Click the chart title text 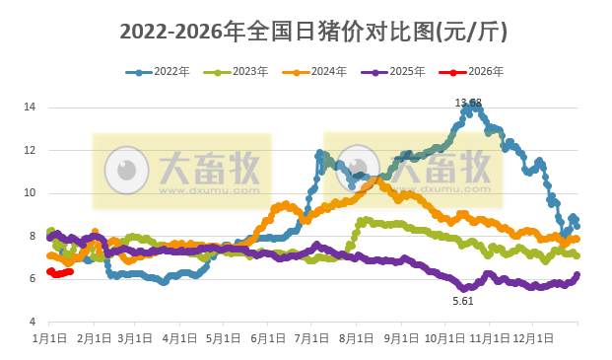click(313, 31)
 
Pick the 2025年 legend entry click(391, 72)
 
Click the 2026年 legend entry click(470, 72)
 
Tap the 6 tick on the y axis click(32, 279)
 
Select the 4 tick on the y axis click(32, 323)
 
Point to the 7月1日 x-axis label click(312, 338)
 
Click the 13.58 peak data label click(468, 103)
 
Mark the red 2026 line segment click(61, 273)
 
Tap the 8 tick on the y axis click(32, 237)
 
